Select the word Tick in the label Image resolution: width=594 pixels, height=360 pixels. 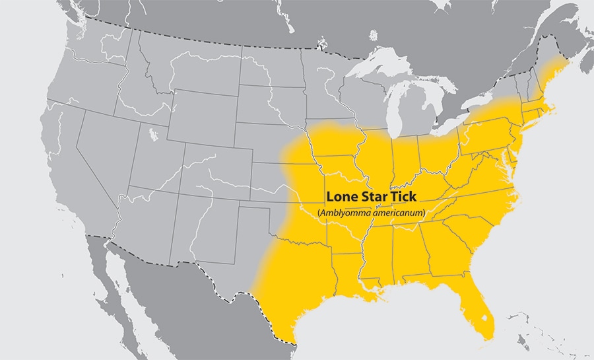pos(408,198)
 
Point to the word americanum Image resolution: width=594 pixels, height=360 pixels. pos(397,213)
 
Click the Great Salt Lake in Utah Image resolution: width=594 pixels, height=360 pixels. pos(153,136)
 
